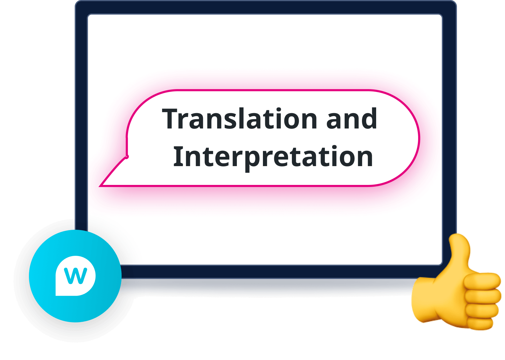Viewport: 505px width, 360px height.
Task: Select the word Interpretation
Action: click(x=273, y=157)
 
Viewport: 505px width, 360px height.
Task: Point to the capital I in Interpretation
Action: click(x=177, y=157)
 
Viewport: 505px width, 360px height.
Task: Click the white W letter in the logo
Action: click(x=75, y=276)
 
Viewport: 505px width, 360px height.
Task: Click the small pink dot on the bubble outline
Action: click(x=127, y=157)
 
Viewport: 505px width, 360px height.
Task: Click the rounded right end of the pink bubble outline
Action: click(x=419, y=138)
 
